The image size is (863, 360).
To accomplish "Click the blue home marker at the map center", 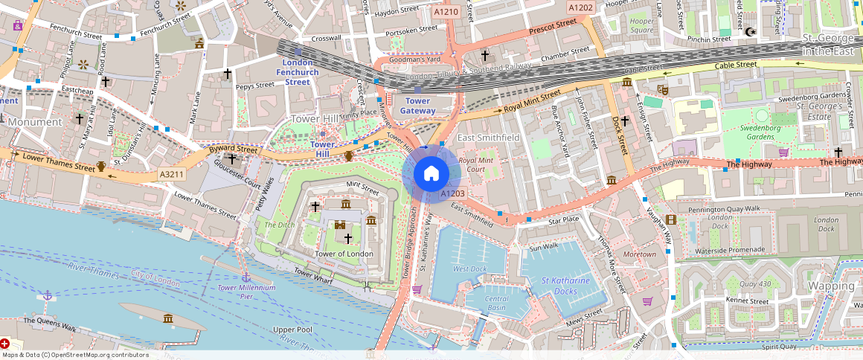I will (x=431, y=174).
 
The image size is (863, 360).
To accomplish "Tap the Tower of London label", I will (x=344, y=254).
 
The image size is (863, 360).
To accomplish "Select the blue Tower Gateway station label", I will (x=417, y=106).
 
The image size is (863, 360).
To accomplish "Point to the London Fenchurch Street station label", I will (x=298, y=72).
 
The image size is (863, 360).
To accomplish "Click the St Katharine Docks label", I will (x=565, y=286).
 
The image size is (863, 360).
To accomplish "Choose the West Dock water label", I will (x=469, y=269).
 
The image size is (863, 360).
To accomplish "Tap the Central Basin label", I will (x=497, y=303).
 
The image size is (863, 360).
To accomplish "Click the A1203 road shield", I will (x=452, y=193).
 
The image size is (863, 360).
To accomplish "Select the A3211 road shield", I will (x=170, y=175).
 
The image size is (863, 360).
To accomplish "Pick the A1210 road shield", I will (x=446, y=12).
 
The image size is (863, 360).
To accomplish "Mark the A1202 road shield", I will (x=580, y=7).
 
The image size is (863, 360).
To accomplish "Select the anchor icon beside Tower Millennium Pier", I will (x=246, y=277).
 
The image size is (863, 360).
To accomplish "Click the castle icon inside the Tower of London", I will (x=340, y=224).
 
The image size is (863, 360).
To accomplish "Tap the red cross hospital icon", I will (x=5, y=344).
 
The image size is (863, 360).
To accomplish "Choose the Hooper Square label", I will (x=641, y=25).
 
